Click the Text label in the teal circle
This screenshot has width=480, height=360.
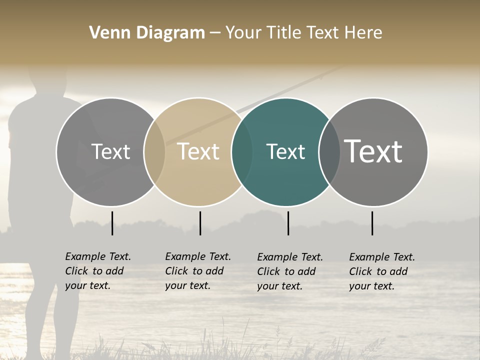tap(285, 152)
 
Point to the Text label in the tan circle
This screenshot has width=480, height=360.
tap(198, 152)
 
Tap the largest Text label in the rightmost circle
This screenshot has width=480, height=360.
tap(373, 151)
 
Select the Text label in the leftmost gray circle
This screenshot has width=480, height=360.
tap(110, 152)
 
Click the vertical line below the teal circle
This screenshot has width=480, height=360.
tap(288, 223)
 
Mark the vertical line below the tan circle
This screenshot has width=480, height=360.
tap(200, 223)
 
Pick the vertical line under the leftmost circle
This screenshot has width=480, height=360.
tap(112, 223)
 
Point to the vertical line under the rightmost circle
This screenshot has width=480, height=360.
tap(372, 223)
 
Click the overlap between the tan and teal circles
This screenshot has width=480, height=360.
tap(242, 152)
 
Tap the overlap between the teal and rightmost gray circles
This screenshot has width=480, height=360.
tap(329, 152)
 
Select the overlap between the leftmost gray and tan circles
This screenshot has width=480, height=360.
tap(154, 152)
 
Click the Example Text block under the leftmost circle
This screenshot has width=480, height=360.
tap(97, 271)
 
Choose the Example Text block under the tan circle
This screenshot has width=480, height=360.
tap(197, 271)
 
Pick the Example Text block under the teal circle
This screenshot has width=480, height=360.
tap(289, 271)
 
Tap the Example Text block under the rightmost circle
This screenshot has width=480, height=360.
tap(381, 271)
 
